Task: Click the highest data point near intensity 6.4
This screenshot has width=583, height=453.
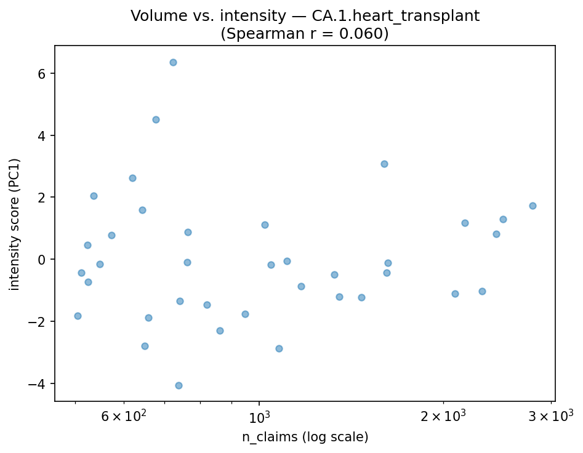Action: pyautogui.click(x=173, y=62)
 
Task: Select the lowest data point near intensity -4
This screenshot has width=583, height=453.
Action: pyautogui.click(x=179, y=385)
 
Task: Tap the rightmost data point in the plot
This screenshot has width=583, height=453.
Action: pyautogui.click(x=533, y=206)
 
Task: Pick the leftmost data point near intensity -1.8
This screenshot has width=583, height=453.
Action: pyautogui.click(x=78, y=316)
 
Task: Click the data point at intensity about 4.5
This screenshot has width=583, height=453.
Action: pyautogui.click(x=156, y=119)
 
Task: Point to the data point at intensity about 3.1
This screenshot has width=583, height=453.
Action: pyautogui.click(x=384, y=164)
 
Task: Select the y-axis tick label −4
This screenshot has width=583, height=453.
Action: pyautogui.click(x=41, y=383)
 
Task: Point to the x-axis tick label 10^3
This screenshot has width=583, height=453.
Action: pyautogui.click(x=259, y=416)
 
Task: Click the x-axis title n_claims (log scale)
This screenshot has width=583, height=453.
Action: pyautogui.click(x=305, y=437)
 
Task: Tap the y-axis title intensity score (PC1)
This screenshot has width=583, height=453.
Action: pyautogui.click(x=15, y=224)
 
